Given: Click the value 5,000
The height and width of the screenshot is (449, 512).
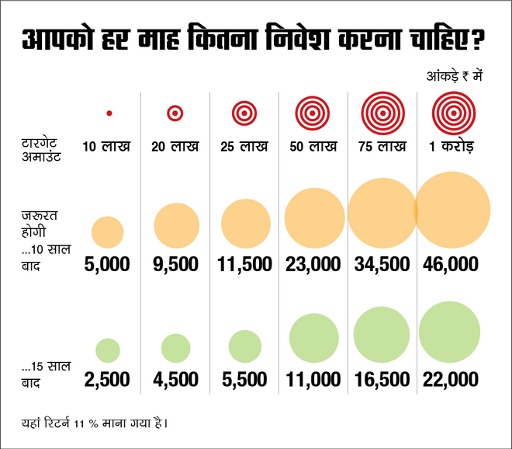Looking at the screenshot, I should pyautogui.click(x=107, y=264).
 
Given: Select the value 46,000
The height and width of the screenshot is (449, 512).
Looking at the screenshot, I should pyautogui.click(x=451, y=264).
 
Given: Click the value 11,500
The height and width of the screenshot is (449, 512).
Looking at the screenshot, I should pyautogui.click(x=244, y=264).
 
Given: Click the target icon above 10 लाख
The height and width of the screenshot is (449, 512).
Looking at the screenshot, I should pyautogui.click(x=109, y=113).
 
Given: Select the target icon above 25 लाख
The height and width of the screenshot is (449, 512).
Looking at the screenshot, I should pyautogui.click(x=244, y=113).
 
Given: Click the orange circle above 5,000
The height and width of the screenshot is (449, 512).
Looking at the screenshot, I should pyautogui.click(x=107, y=232).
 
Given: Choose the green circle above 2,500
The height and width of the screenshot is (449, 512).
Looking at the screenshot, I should pyautogui.click(x=107, y=350).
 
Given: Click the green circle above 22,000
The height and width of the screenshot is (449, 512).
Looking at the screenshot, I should pyautogui.click(x=449, y=333).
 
